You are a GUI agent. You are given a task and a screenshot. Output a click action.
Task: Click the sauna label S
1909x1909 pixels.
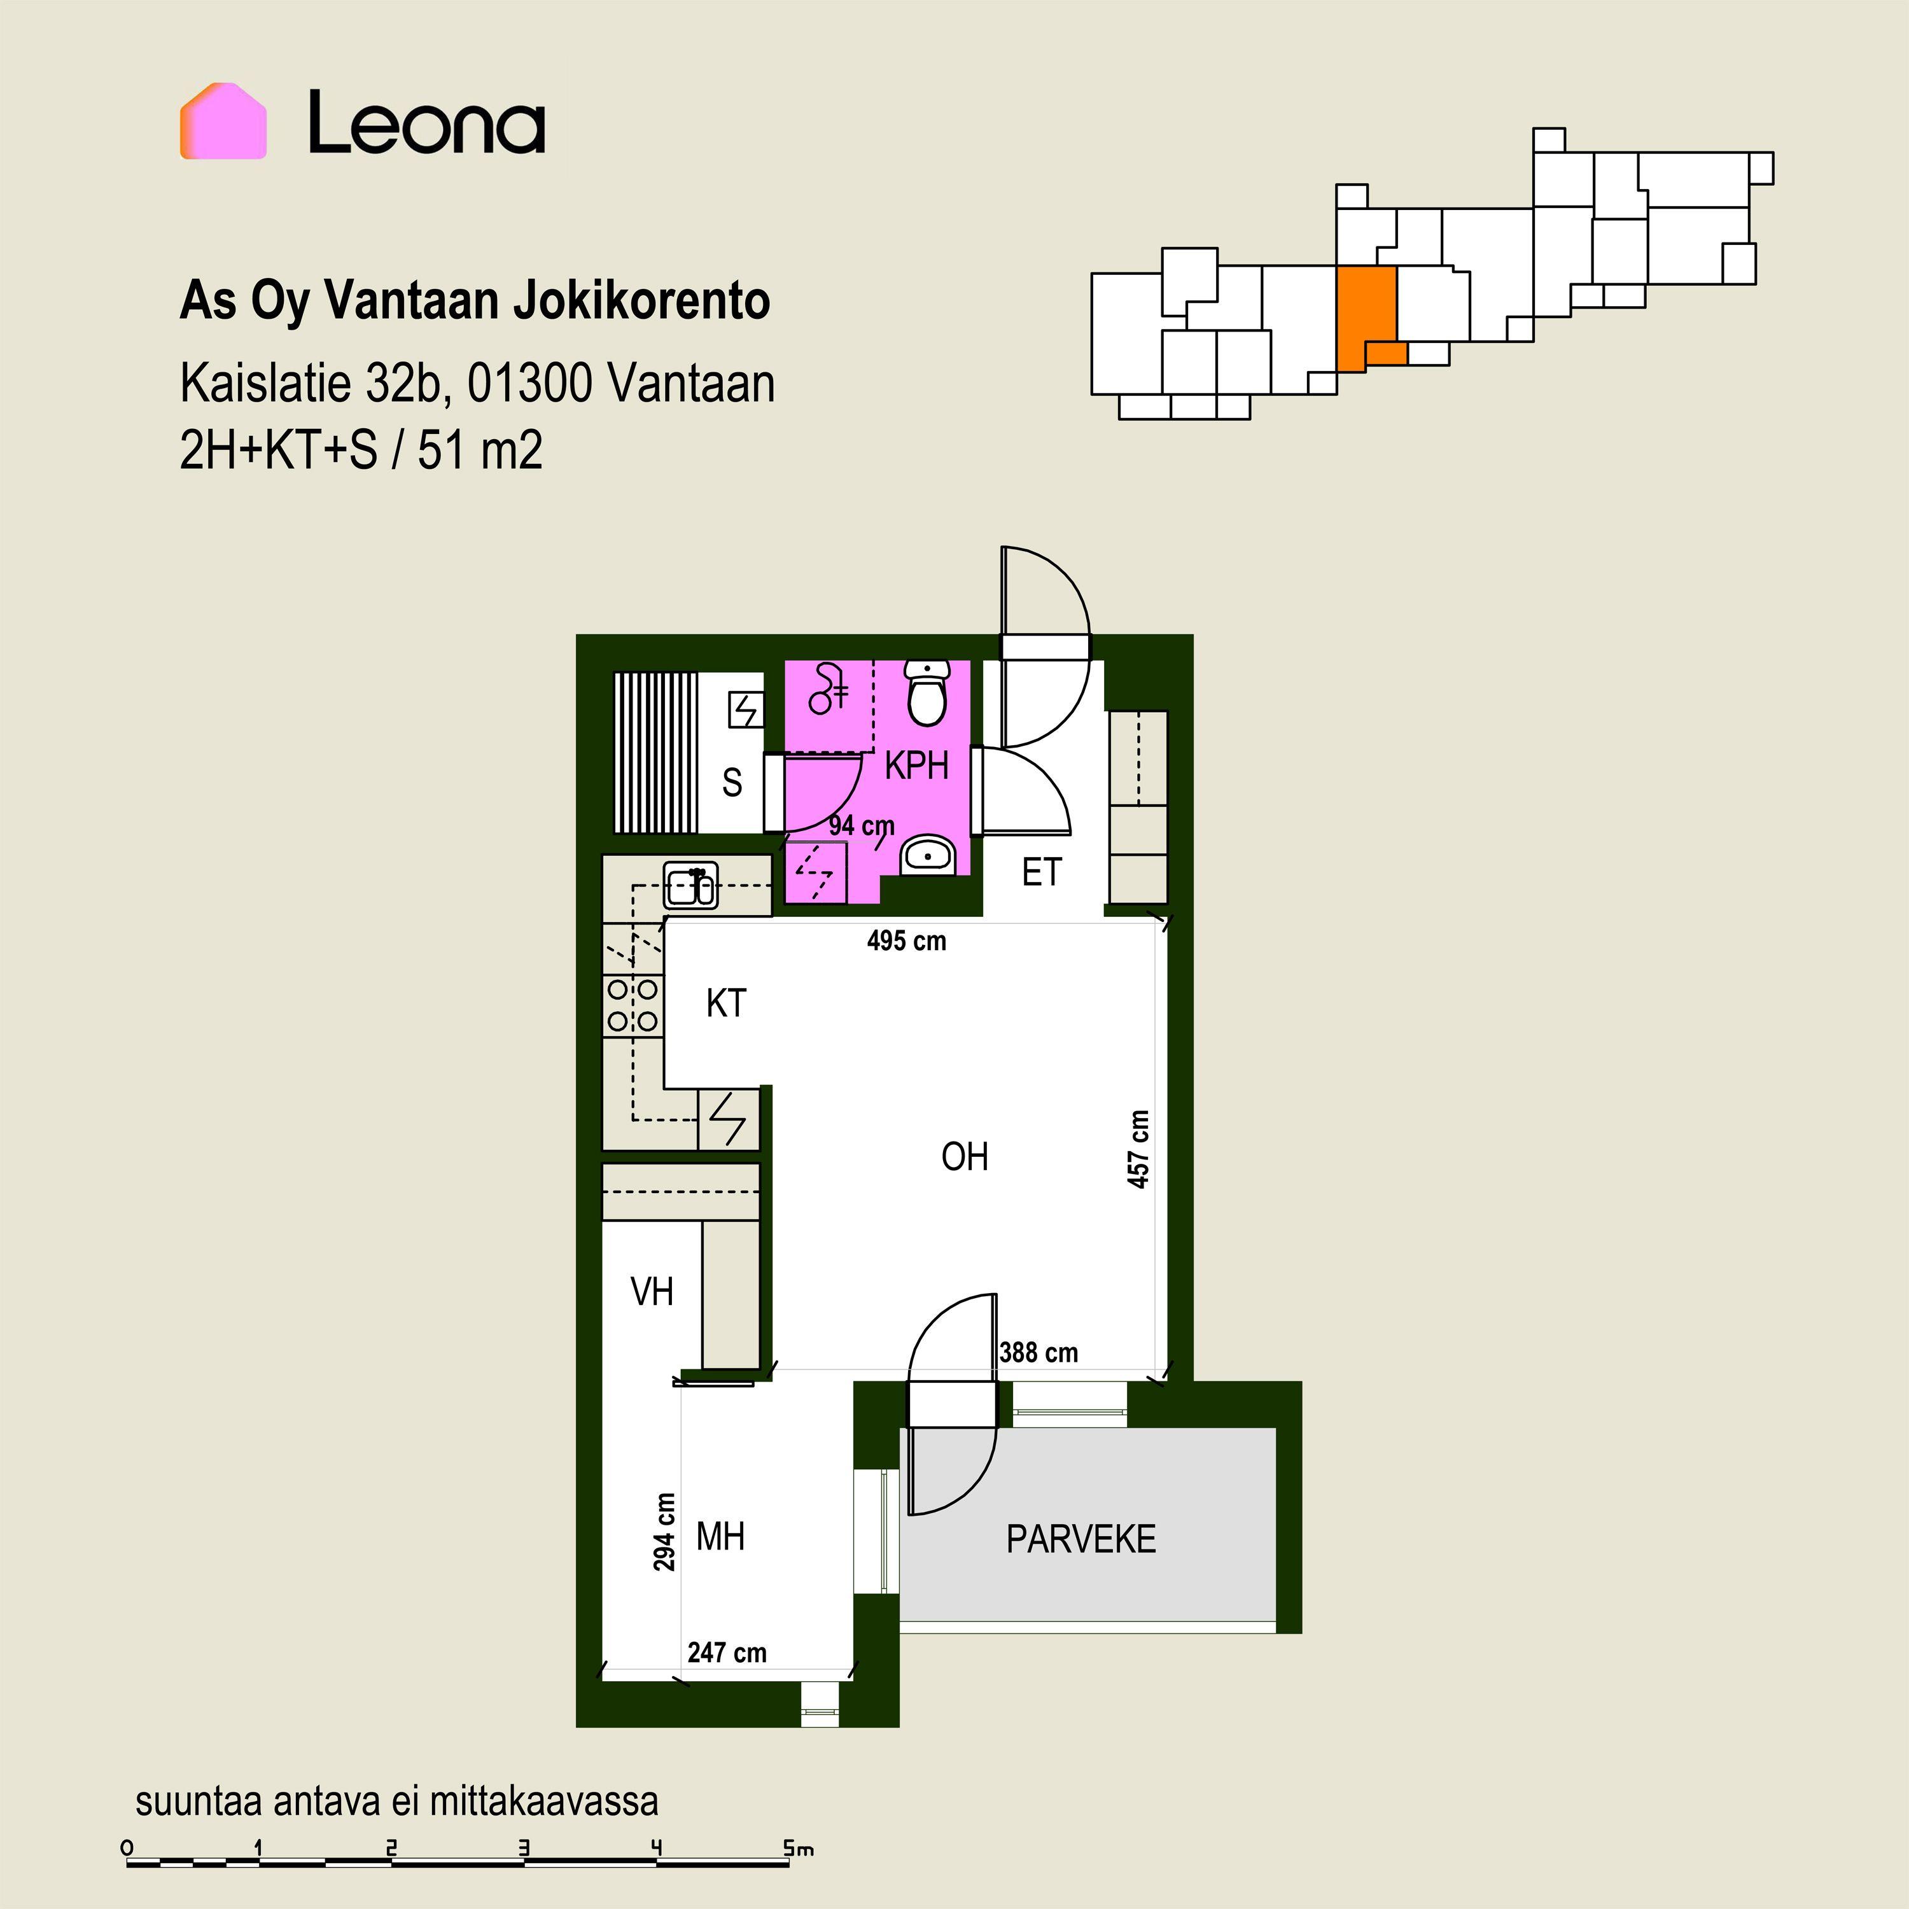732,783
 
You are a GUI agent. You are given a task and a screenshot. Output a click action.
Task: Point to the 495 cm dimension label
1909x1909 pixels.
906,941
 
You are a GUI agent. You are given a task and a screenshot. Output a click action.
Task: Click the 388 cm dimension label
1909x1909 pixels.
1038,1353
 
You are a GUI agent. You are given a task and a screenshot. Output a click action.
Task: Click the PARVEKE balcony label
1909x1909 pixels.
1081,1539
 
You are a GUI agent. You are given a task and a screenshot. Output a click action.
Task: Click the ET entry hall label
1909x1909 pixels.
1042,872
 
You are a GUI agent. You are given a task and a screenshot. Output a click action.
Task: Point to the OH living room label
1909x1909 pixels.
965,1156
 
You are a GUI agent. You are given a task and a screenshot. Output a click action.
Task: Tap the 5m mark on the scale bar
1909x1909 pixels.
799,1848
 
